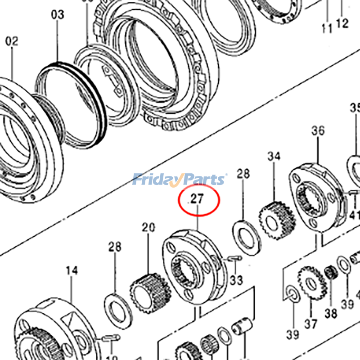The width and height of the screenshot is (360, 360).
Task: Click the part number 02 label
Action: click(12, 42)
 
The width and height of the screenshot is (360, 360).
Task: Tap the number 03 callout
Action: click(58, 15)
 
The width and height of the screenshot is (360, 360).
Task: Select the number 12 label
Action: click(342, 23)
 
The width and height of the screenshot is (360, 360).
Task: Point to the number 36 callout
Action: click(318, 131)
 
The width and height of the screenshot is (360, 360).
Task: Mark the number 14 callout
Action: click(72, 270)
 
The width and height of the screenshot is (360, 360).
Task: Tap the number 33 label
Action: click(236, 280)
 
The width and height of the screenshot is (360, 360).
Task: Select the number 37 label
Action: click(311, 324)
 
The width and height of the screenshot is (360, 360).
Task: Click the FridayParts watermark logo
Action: click(180, 180)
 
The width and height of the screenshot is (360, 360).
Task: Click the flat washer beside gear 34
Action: click(246, 234)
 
